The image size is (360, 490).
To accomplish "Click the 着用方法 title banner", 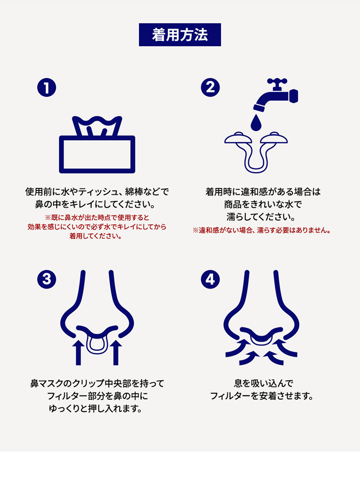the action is click(180, 35).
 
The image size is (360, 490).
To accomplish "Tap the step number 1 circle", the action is click(47, 88).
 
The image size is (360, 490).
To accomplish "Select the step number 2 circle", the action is click(210, 88).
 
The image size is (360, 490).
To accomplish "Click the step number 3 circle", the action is click(47, 279).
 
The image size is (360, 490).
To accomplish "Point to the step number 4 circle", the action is click(210, 279).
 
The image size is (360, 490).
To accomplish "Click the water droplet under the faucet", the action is click(256, 122).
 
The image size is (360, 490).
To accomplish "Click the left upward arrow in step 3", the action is click(78, 352).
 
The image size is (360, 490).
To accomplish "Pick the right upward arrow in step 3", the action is click(116, 352).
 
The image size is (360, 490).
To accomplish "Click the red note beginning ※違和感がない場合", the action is click(261, 230).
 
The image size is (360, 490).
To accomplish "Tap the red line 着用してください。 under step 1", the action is click(96, 236).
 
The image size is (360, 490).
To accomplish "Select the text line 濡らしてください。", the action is click(261, 217).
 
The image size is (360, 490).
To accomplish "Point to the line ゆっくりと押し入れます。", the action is click(96, 409).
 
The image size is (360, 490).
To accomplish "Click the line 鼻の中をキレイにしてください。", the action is click(96, 205).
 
